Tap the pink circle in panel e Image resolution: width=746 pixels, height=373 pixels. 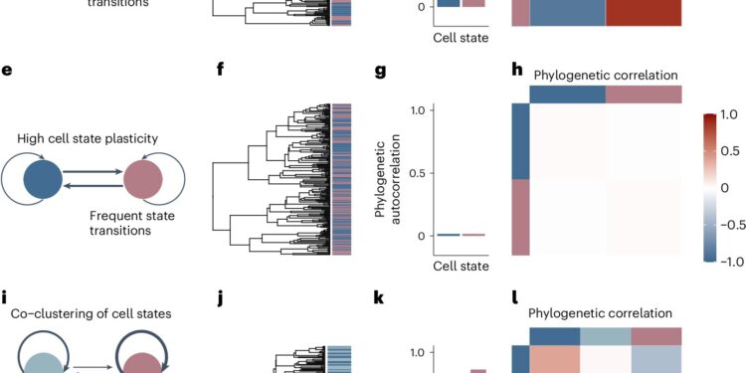tap(145, 181)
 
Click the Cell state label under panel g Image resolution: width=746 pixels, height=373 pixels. tap(461, 266)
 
